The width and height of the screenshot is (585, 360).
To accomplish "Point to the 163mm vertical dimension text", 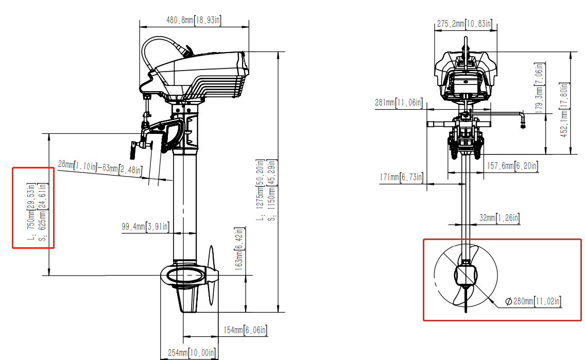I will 238,250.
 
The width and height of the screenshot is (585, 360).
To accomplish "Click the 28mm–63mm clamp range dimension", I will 99,167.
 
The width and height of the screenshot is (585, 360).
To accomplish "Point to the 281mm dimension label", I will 399,103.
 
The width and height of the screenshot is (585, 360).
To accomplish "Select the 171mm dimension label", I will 402,178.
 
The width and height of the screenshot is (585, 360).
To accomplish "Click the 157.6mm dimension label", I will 512,166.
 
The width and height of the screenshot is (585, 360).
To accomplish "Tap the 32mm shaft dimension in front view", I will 500,218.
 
